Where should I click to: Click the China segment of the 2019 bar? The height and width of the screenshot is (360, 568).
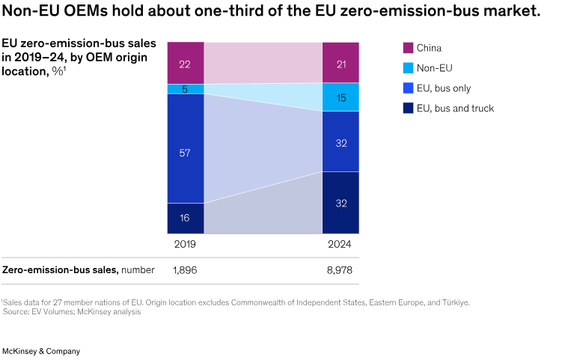(x=185, y=64)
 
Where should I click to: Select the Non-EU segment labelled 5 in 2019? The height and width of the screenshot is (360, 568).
(x=185, y=89)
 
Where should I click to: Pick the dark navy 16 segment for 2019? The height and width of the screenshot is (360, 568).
(x=185, y=218)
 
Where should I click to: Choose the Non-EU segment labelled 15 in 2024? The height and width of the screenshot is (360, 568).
(x=341, y=97)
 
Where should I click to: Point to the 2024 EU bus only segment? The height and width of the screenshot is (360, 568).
(x=341, y=141)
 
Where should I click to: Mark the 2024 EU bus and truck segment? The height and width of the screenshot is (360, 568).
(x=341, y=202)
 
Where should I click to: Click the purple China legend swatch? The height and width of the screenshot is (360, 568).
(x=408, y=48)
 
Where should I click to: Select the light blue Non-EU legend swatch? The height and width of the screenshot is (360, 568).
(x=408, y=68)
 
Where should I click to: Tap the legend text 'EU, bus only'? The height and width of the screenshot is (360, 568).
(x=443, y=88)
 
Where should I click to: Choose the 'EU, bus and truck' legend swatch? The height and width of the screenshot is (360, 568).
(x=408, y=109)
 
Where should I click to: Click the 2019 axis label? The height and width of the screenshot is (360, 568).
(x=185, y=245)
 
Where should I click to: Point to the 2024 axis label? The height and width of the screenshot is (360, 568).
(x=341, y=245)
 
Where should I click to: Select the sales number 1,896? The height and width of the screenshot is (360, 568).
(x=185, y=270)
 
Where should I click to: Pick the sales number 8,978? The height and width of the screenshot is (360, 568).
(x=341, y=270)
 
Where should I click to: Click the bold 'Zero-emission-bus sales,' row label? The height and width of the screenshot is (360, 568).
(x=59, y=270)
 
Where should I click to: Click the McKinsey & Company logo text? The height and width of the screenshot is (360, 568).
(x=40, y=350)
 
